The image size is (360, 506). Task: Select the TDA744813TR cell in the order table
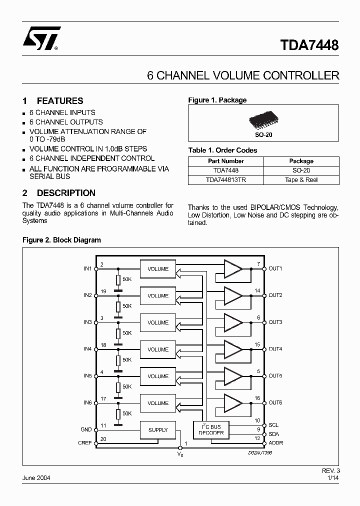coord(225,179)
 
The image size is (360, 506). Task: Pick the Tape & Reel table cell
coord(301,179)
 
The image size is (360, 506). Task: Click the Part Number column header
coord(225,161)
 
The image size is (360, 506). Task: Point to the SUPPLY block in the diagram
coord(158,430)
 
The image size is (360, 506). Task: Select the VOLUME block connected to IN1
coord(158,269)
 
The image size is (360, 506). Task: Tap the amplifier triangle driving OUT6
coord(232,403)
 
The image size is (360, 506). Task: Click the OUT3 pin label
coord(275,322)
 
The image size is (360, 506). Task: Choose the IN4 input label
coord(88,349)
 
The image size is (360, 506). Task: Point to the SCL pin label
coord(273,425)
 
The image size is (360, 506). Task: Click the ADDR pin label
coord(275,443)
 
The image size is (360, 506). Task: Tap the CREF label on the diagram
coord(85,443)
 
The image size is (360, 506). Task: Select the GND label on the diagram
coord(86,429)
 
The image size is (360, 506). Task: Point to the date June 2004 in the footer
coord(36,478)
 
